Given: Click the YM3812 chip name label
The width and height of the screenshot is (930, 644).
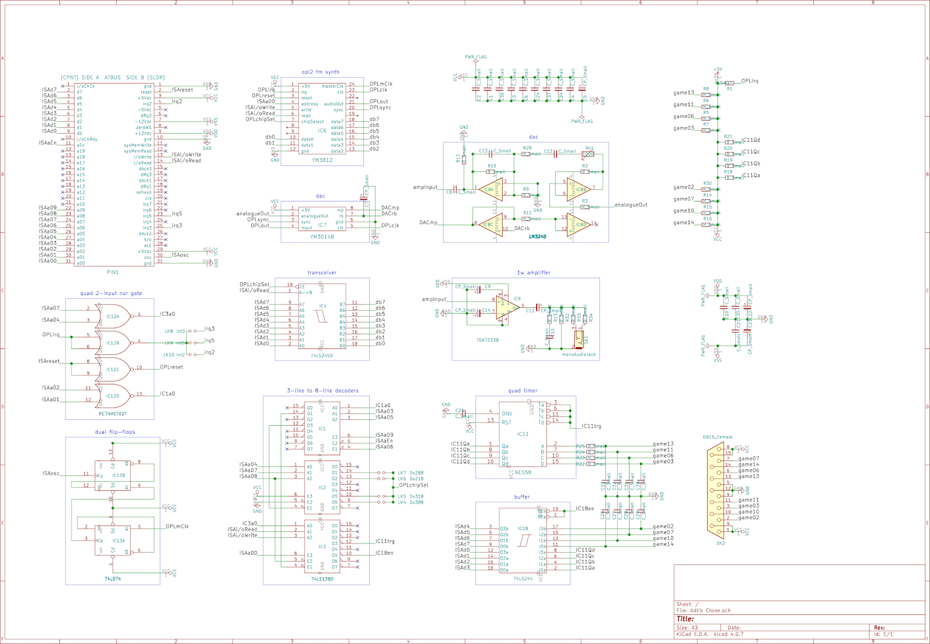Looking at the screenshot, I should point(322,160).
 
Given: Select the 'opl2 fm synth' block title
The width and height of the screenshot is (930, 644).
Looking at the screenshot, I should point(320,72).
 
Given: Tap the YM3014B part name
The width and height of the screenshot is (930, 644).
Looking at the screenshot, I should point(322,237).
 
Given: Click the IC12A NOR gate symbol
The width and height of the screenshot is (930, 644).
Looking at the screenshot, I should point(115,316).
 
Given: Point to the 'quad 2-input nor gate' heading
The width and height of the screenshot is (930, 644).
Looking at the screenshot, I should point(111,293).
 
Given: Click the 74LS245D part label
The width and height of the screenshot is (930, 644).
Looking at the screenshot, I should point(321,356).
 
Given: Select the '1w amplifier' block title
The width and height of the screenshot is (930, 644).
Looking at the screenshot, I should point(534,272).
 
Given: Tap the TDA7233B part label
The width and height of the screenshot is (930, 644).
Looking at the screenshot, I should point(487,340).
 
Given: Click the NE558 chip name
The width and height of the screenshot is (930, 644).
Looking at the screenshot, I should point(523,473).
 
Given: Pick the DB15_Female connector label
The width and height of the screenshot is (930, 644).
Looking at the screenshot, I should point(717,437).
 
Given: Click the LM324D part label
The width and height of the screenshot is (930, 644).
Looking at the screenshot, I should point(538,237).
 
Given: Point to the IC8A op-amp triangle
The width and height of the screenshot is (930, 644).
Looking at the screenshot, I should point(490,190).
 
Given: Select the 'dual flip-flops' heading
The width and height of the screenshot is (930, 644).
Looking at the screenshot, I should point(115,432).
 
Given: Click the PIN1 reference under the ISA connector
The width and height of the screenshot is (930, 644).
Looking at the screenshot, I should point(113,272).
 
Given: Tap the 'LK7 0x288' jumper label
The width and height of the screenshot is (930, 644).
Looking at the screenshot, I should point(410,473).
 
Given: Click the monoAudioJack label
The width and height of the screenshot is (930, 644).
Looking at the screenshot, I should point(579,355).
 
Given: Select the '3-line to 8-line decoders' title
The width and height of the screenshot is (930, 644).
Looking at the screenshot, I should point(323,391).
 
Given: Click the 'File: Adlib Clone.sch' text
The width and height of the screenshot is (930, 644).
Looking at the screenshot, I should point(703,611).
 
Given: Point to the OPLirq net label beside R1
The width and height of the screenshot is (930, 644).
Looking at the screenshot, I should point(750,81).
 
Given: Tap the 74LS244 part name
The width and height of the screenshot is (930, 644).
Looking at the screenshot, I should point(523,579).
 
